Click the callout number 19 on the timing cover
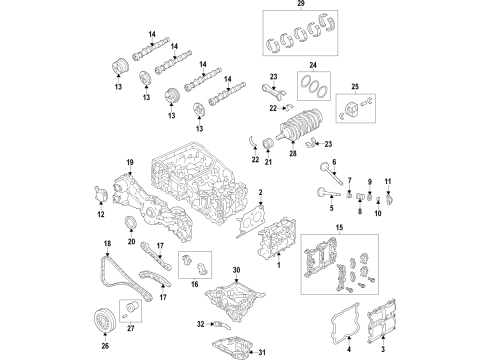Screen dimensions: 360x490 129,163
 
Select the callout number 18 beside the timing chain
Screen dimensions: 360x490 107,244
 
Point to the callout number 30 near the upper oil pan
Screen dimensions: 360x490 236,271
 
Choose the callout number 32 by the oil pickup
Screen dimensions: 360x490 200,325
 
